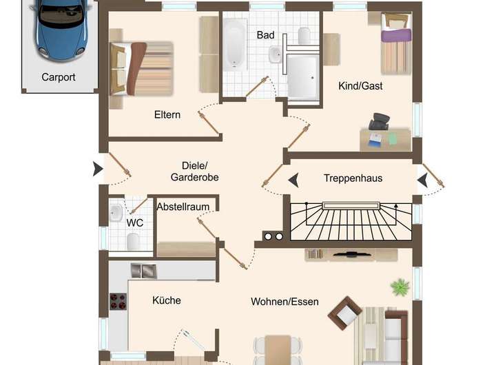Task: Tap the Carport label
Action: click(59, 78)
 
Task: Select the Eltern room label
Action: click(167, 115)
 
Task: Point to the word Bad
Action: click(265, 34)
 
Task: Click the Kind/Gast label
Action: click(360, 86)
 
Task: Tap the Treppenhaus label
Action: click(353, 178)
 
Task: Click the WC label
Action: click(134, 222)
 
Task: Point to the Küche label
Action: click(167, 300)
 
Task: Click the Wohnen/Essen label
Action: click(285, 302)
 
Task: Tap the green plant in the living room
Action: click(399, 286)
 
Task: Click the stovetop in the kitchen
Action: click(118, 301)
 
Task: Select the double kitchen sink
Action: click(144, 271)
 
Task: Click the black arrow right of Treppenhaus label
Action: click(422, 180)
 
